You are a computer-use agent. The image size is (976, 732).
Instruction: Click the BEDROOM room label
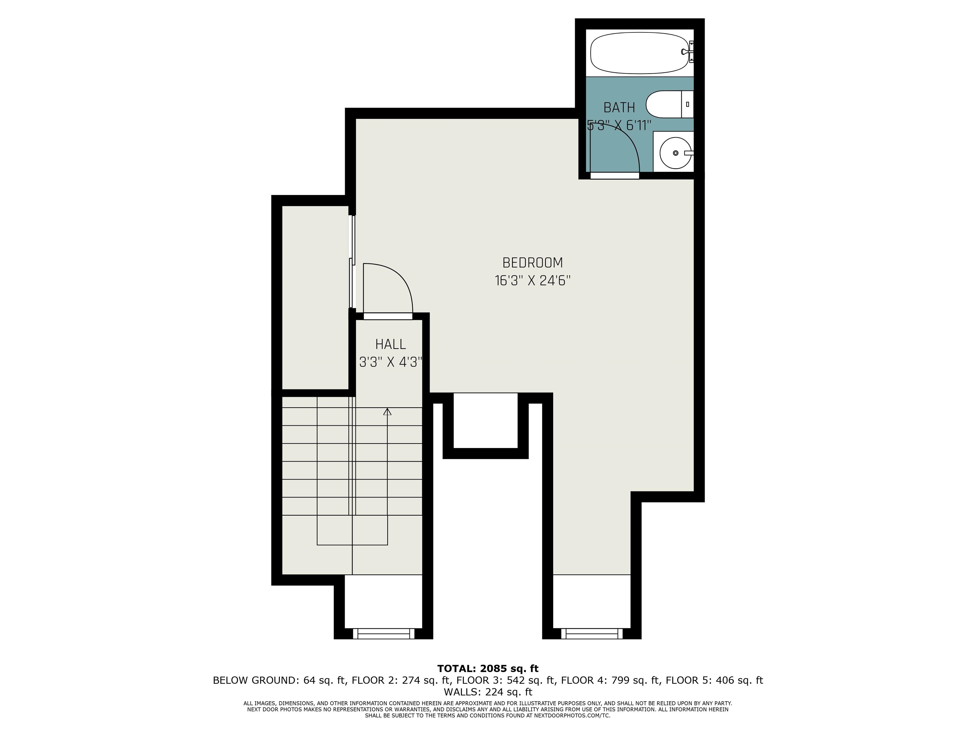point(532,263)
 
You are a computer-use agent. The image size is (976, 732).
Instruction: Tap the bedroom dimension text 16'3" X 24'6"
point(532,281)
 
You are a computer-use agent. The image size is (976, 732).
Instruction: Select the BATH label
point(619,108)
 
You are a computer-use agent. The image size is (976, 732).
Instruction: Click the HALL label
point(390,344)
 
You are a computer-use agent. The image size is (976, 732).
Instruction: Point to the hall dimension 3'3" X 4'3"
point(390,363)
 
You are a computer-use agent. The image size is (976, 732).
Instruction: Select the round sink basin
point(675,153)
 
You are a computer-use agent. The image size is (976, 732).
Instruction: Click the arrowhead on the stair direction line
point(387,412)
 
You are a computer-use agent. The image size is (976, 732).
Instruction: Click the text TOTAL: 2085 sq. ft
point(488,668)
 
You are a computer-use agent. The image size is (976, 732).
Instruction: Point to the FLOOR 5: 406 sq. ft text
point(714,681)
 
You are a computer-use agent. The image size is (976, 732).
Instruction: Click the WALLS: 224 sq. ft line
point(488,692)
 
